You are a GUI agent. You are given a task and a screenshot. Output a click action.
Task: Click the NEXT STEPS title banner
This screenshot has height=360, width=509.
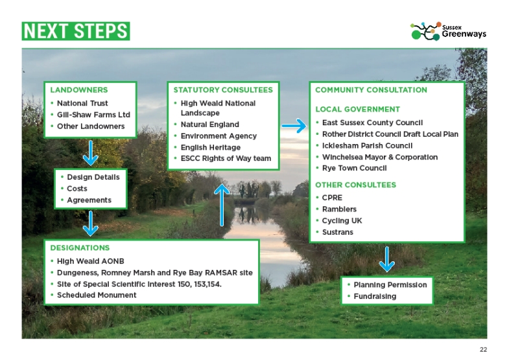click(x=76, y=30)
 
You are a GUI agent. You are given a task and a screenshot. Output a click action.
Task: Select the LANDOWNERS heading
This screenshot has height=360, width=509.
click(x=79, y=90)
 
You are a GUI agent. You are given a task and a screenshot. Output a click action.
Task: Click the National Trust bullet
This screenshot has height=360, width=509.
click(x=82, y=103)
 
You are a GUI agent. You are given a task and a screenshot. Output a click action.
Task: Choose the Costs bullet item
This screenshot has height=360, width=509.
click(x=77, y=189)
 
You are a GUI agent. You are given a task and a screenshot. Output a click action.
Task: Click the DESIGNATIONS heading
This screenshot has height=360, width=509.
click(x=80, y=248)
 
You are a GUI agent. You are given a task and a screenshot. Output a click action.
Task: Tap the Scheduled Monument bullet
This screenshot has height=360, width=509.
click(x=97, y=295)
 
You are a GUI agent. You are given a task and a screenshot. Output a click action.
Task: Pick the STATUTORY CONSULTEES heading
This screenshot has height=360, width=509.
click(x=223, y=90)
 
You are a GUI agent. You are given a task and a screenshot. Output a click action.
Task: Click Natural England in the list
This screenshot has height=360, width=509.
click(x=209, y=125)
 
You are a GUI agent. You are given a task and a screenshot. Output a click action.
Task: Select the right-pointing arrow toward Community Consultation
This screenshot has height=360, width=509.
click(x=294, y=126)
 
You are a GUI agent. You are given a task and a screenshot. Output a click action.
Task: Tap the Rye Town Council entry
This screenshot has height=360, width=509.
click(x=354, y=168)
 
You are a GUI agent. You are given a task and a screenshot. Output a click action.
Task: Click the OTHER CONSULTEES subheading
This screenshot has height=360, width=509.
click(x=355, y=185)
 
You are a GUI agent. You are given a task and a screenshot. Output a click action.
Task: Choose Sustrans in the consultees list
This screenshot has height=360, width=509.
click(x=338, y=232)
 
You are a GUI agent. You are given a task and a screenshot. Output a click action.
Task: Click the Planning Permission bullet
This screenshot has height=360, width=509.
click(x=390, y=285)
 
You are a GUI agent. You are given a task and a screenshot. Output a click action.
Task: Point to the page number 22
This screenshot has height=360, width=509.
click(x=483, y=350)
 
